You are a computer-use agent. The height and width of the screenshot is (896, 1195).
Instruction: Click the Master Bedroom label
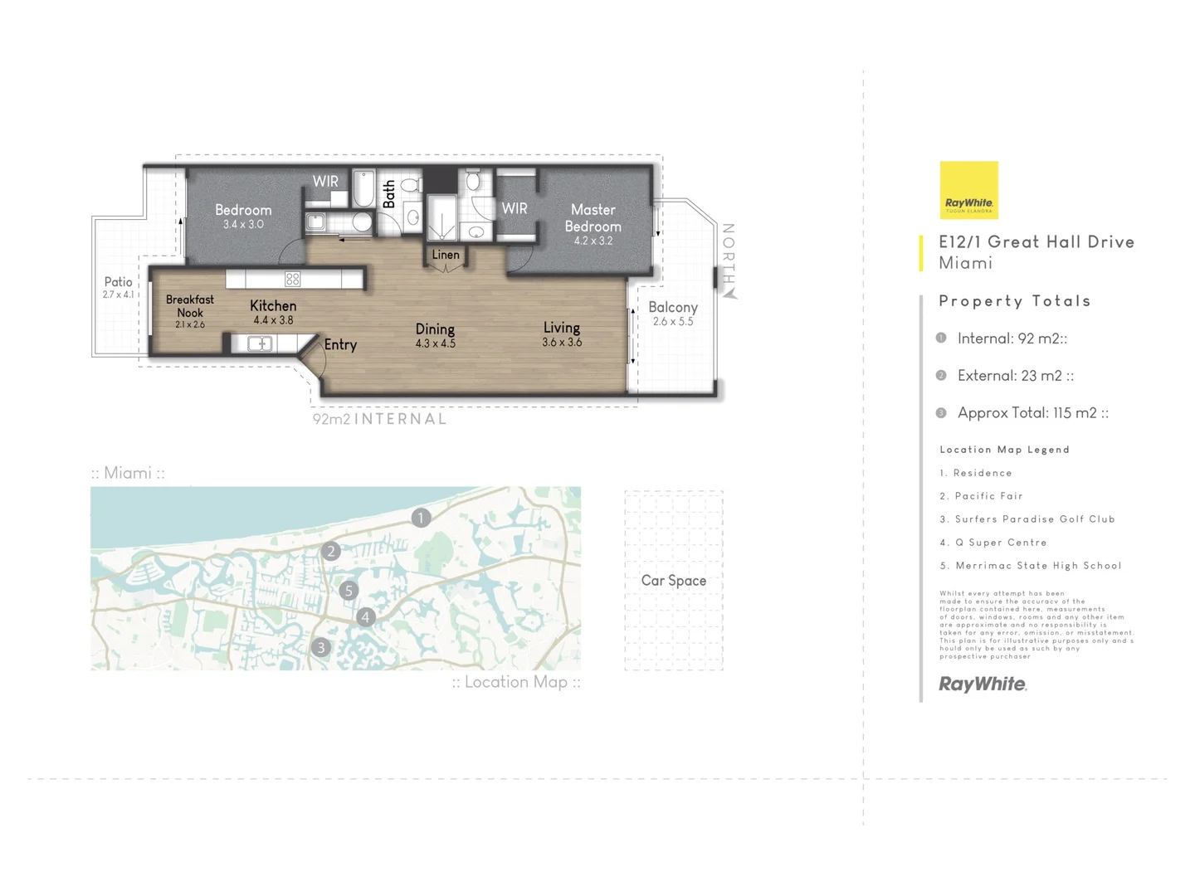coord(593,218)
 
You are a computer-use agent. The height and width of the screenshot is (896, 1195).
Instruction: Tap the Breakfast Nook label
coord(190,306)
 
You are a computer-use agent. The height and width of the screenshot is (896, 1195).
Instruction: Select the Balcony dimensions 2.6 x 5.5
coord(672,322)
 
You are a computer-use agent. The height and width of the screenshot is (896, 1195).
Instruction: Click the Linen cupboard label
coord(446,255)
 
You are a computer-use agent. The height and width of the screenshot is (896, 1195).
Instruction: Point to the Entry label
coord(340,344)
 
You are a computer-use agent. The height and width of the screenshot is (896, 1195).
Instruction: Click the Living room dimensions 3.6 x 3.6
coord(562,343)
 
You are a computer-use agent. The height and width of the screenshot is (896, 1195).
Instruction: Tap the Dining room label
coord(435,329)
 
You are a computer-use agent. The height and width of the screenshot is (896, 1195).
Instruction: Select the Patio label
coord(119,282)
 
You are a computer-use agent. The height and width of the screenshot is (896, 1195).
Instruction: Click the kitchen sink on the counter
coord(260,343)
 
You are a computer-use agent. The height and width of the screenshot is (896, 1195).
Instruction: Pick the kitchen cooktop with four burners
coord(292,279)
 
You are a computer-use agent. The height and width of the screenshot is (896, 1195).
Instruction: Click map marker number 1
coord(421,518)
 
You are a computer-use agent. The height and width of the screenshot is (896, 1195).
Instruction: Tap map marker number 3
coord(321,647)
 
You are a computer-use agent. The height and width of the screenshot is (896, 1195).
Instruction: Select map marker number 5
coord(349,591)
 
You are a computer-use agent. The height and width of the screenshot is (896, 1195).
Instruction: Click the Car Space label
coord(673,581)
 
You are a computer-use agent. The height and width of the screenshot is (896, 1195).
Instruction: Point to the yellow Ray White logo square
coord(968,190)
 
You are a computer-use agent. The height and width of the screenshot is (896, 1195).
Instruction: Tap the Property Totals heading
coord(1014,301)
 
